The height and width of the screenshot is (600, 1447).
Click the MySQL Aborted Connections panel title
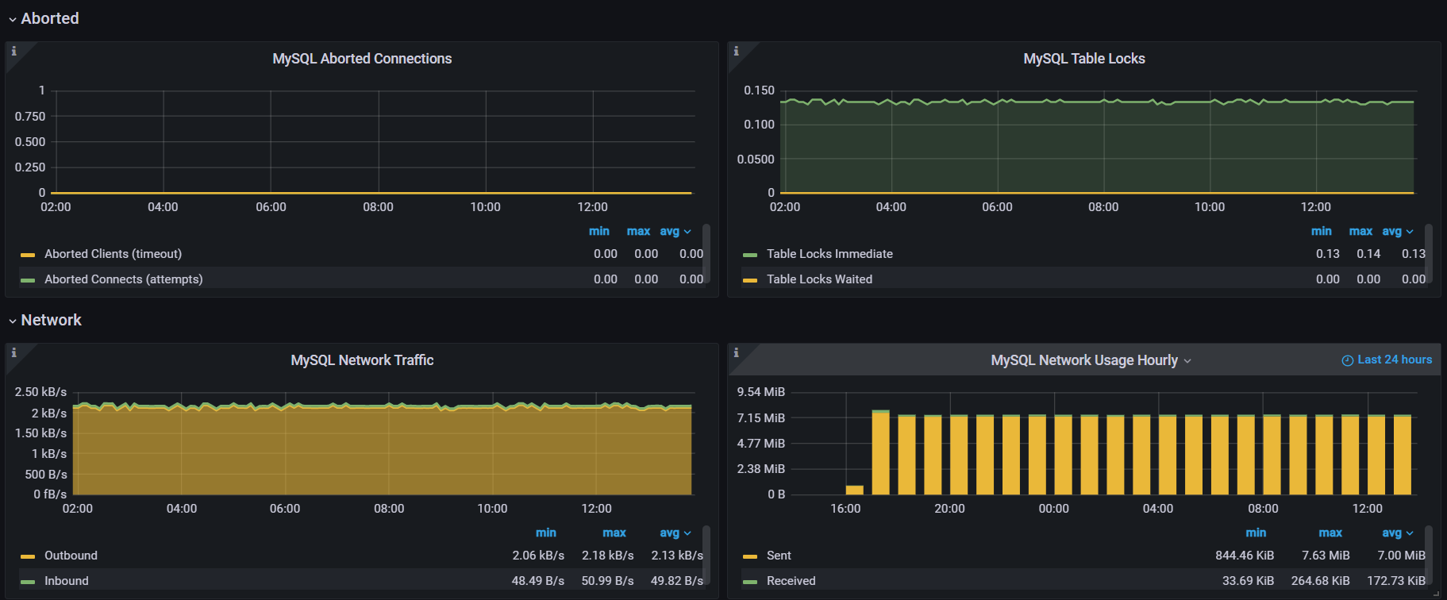pos(362,59)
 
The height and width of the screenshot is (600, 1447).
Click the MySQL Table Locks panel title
pos(1083,59)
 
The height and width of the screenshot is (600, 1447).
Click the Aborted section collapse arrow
pos(12,19)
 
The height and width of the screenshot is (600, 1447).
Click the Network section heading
pos(51,320)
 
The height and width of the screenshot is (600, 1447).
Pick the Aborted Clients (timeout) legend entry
pos(113,254)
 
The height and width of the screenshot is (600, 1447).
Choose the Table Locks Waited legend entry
pos(819,279)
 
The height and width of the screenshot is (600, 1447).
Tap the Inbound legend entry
pos(67,581)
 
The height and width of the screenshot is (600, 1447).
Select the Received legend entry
pos(791,581)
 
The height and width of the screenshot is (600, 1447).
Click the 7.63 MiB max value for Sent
pos(1326,556)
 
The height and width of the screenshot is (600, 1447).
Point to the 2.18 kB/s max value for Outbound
pos(607,556)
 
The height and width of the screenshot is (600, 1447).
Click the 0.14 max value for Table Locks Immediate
pos(1368,254)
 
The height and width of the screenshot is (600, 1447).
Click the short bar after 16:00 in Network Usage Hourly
pos(854,490)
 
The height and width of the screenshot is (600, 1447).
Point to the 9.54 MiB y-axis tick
pos(760,392)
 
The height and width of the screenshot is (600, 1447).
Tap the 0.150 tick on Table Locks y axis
pos(759,90)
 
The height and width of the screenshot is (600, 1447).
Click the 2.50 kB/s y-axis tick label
pos(40,392)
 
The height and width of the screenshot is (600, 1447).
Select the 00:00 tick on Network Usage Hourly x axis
pos(1053,509)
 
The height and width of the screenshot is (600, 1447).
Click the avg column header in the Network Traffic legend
pos(669,533)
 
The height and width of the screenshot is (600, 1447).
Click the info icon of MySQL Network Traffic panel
pos(13,352)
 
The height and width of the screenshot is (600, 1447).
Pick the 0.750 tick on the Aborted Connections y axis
pos(30,117)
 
